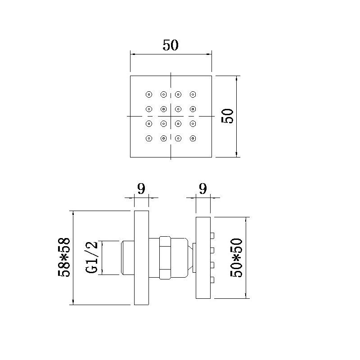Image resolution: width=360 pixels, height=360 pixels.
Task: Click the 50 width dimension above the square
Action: point(171,45)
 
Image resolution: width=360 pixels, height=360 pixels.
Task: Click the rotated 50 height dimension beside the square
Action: point(227,116)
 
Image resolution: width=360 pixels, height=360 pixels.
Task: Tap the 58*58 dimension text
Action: point(64,257)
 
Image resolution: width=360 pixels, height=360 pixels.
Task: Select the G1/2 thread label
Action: point(92,257)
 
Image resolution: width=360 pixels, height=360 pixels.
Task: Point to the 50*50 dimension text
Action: point(236,257)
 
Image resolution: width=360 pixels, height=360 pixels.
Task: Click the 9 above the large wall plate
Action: point(141,189)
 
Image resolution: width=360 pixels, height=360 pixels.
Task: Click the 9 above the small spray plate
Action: point(203,189)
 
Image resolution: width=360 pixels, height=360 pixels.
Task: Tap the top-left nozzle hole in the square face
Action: point(149,94)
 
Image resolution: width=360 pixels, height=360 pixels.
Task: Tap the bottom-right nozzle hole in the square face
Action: point(193,139)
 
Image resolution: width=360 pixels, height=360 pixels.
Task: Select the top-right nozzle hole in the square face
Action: point(193,94)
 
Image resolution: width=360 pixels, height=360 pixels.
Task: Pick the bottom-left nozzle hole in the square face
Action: point(149,139)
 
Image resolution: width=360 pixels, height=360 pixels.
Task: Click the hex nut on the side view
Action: point(165,257)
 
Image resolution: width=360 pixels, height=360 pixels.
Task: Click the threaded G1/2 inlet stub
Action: point(128,257)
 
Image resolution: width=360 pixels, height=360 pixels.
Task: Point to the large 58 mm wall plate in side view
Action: point(141,257)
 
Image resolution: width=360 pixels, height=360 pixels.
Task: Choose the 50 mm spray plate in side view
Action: point(203,257)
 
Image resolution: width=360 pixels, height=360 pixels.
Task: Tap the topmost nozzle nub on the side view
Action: point(212,235)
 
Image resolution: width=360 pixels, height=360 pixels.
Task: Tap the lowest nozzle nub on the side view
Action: point(212,280)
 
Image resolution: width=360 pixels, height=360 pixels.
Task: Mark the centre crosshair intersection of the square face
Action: point(171,116)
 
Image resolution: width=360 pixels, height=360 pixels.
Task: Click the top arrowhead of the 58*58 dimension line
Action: point(73,213)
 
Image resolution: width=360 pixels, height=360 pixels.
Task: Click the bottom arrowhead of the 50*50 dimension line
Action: point(246,296)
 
